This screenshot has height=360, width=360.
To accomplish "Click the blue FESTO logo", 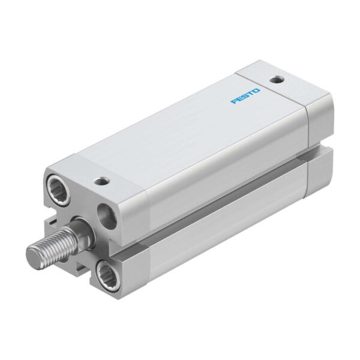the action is tap(245, 96).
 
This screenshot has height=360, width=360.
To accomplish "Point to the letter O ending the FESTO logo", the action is tap(257, 91).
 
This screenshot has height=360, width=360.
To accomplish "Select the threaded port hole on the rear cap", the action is tap(277, 80).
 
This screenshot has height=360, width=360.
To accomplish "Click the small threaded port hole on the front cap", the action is tap(101, 181).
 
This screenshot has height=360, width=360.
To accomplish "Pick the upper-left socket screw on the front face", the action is tap(59, 190).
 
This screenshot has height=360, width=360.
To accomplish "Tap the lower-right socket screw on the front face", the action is tap(107, 274).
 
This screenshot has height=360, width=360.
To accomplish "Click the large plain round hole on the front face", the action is tap(107, 217).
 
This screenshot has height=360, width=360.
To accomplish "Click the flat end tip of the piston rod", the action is tap(35, 255).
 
